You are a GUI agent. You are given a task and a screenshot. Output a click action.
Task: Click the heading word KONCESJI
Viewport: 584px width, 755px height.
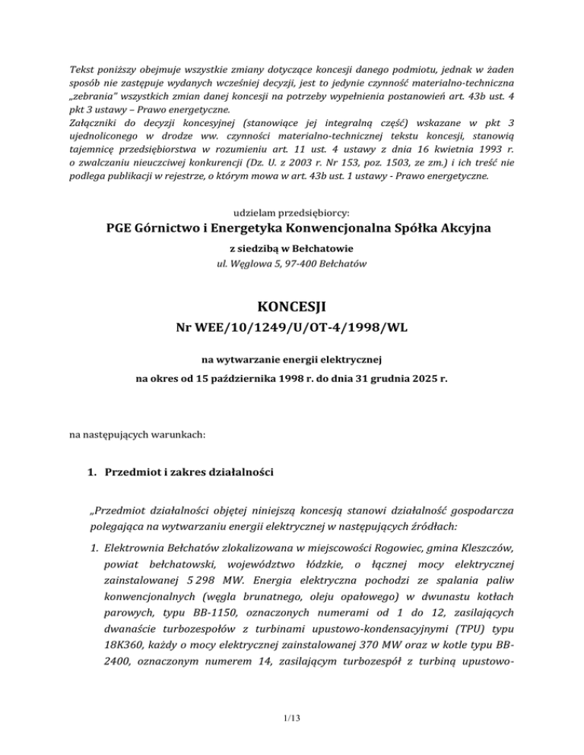point(292,309)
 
